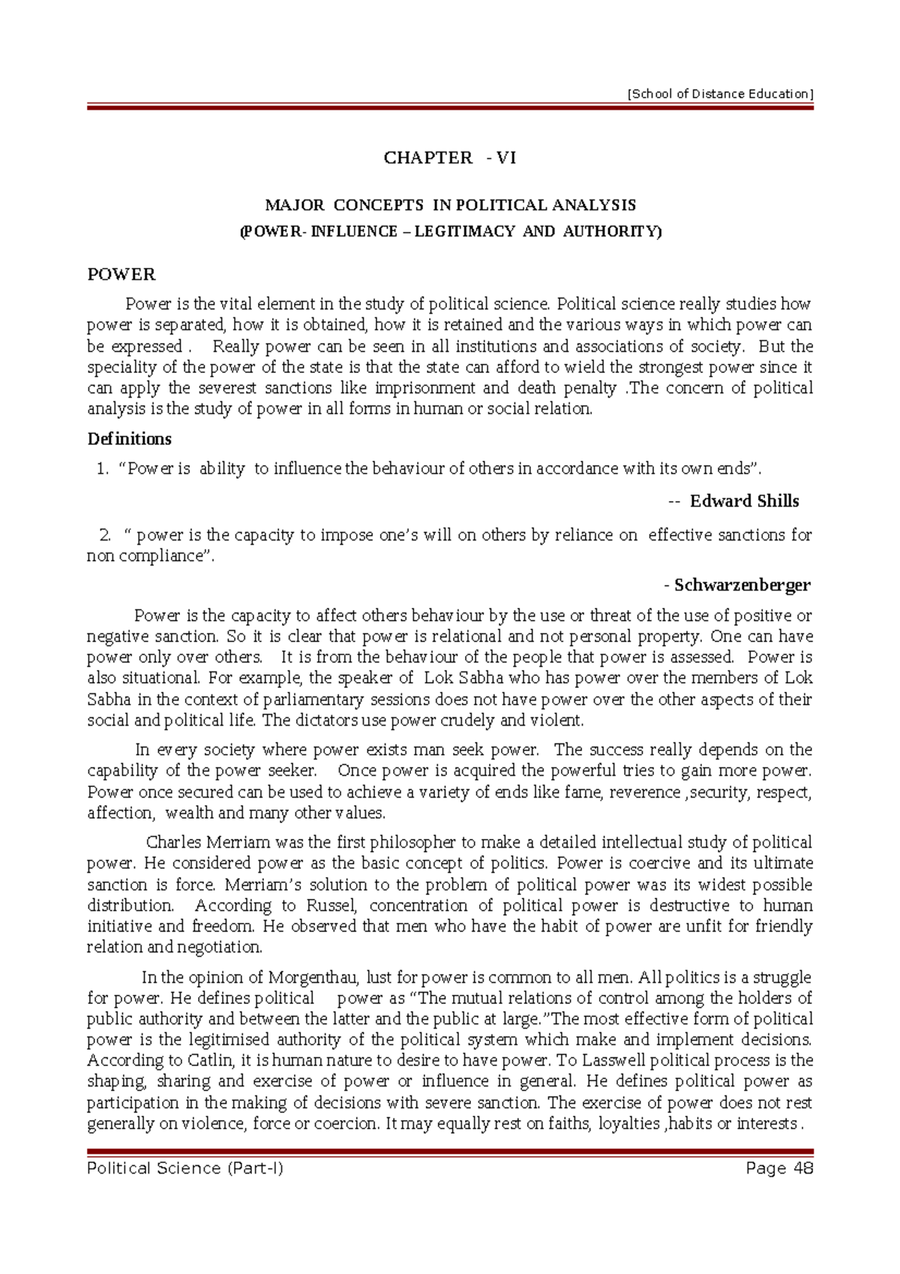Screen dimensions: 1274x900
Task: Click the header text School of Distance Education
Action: [x=720, y=94]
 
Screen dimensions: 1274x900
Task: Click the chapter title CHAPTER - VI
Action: [x=449, y=158]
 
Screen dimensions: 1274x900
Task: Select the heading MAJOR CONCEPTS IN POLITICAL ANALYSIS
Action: [x=450, y=205]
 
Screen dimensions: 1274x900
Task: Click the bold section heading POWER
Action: [x=121, y=275]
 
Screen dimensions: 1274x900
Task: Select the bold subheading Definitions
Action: [x=130, y=439]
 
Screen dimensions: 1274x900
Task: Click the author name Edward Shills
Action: [x=744, y=501]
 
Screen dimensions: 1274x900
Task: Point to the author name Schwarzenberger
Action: [x=742, y=585]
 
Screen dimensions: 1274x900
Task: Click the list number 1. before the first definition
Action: [x=103, y=469]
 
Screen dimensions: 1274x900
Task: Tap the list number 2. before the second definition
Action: [x=105, y=535]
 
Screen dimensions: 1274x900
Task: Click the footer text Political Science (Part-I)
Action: [x=185, y=1168]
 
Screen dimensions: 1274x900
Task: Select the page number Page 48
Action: [x=779, y=1168]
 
